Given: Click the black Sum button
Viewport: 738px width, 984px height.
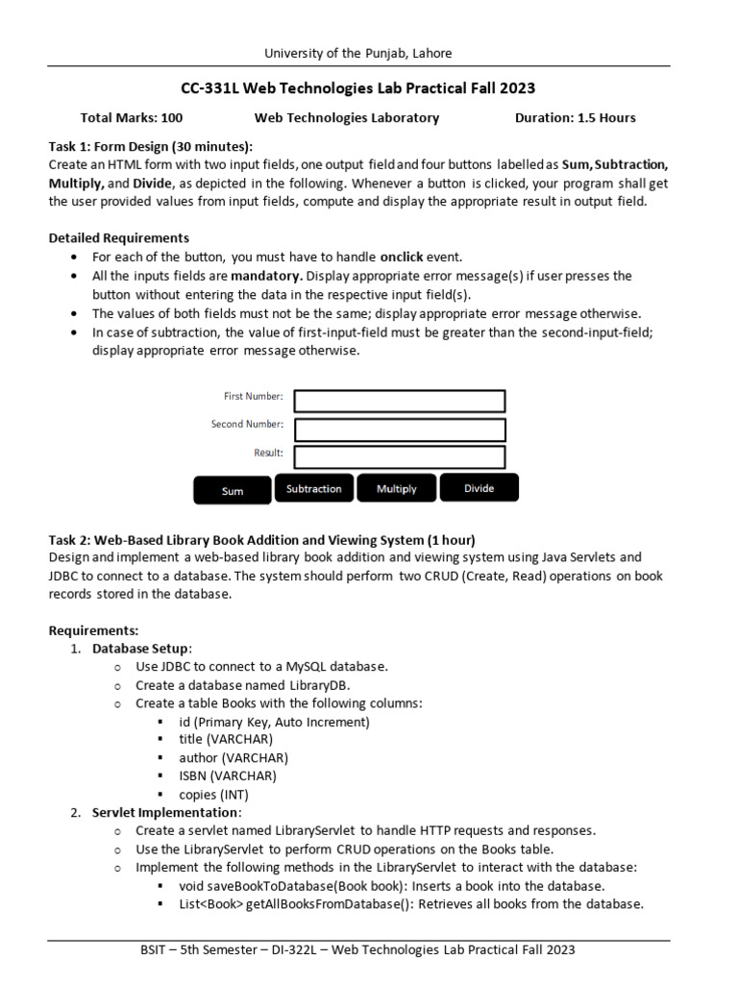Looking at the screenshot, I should (233, 490).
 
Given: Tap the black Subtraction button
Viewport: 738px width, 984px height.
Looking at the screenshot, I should (314, 488).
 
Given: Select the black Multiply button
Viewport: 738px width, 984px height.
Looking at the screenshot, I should (396, 488).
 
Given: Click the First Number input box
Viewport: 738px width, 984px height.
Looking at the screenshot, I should (399, 401).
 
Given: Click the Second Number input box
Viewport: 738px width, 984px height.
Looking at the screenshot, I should (399, 429).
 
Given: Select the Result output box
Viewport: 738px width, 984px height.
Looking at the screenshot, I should (399, 456).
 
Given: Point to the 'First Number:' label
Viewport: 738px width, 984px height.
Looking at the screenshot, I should (253, 396).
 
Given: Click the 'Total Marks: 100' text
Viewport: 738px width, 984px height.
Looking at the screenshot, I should (132, 118).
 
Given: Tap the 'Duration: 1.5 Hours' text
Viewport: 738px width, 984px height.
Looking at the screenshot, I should (575, 118).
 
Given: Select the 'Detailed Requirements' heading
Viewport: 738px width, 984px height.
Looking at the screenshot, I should (118, 237).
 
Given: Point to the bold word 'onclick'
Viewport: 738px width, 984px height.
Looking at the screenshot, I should (407, 257).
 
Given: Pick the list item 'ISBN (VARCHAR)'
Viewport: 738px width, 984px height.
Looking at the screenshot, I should (228, 775).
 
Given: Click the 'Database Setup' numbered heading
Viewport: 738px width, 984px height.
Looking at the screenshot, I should (141, 649).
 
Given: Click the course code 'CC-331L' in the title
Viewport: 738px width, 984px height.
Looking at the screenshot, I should (210, 88).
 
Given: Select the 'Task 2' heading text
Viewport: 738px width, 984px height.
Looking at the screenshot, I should (67, 539).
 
